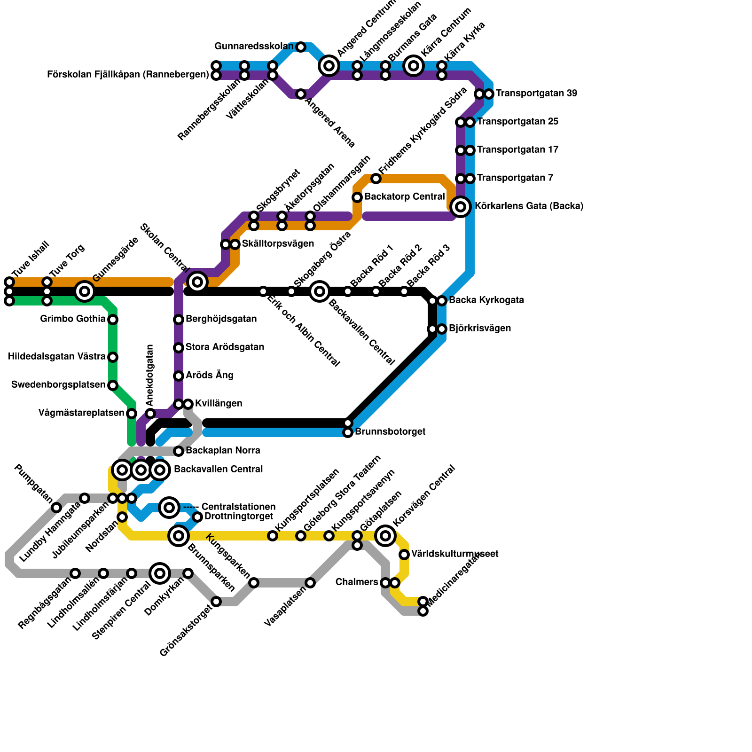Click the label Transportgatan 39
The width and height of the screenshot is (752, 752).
[x=536, y=94]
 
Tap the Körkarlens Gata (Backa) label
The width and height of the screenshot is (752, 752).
[x=529, y=206]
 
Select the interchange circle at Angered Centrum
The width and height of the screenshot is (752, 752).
[x=329, y=66]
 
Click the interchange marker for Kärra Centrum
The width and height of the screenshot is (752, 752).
[x=414, y=66]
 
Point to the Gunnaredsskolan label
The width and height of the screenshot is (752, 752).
[x=254, y=47]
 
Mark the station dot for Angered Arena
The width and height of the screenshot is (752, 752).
[x=301, y=94]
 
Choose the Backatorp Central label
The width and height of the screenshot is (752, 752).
[x=404, y=196]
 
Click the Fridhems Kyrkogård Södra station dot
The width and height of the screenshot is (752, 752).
[x=376, y=179]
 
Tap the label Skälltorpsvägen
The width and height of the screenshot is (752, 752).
[x=278, y=244]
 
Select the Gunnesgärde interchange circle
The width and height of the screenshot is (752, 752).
[x=85, y=291]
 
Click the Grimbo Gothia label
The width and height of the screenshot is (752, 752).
[x=73, y=319]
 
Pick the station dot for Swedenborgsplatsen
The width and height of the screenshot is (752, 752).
[x=113, y=385]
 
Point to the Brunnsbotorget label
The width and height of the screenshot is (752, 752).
[x=390, y=431]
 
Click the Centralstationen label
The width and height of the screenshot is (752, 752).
[x=238, y=507]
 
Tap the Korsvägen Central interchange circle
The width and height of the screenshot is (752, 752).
[x=385, y=536]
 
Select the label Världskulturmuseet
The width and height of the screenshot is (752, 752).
[x=454, y=554]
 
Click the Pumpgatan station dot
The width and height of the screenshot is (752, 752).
[x=56, y=508]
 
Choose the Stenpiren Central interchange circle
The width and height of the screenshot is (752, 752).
[x=160, y=573]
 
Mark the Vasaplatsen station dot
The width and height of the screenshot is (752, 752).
[x=310, y=583]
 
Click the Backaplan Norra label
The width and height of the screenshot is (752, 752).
[x=223, y=451]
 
